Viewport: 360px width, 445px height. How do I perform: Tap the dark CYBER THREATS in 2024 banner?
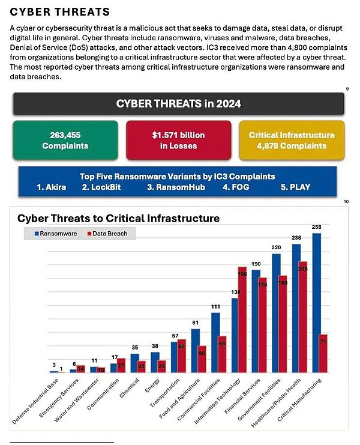pos(178,104)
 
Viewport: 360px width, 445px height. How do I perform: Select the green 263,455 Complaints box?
pos(65,141)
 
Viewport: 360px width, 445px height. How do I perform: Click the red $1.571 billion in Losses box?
pos(178,141)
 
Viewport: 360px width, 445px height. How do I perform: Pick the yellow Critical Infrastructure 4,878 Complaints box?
pos(292,141)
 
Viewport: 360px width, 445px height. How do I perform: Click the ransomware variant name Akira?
pos(52,187)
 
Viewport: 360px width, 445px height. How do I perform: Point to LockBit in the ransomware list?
pos(106,187)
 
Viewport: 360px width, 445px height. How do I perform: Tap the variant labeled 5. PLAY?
pos(295,187)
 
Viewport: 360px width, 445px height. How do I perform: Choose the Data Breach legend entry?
pos(109,234)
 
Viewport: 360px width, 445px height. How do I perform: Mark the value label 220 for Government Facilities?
pos(276,247)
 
